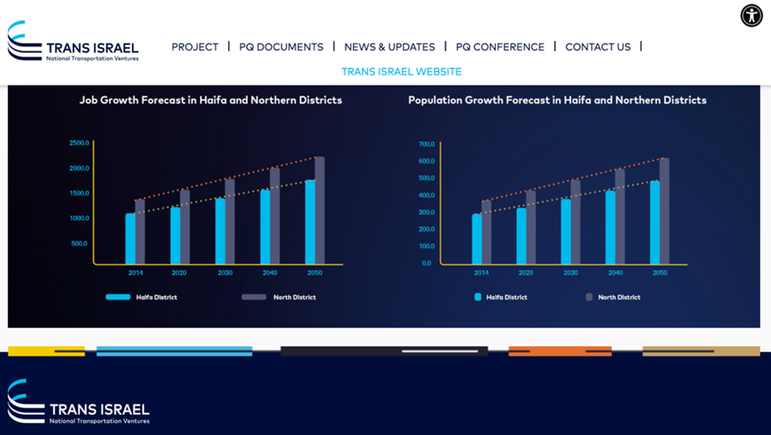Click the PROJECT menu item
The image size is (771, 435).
[x=195, y=47]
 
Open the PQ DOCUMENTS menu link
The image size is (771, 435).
[x=281, y=47]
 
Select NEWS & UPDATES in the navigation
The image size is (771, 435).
[x=389, y=47]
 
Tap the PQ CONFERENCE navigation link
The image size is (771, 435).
[x=500, y=47]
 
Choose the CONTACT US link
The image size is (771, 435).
[x=598, y=47]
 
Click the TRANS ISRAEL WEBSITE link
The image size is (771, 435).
[x=402, y=72]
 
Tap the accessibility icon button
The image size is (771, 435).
[x=752, y=15]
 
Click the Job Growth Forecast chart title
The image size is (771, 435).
[x=210, y=100]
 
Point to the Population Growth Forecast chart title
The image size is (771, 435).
[x=557, y=100]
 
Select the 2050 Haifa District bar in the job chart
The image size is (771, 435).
[x=310, y=222]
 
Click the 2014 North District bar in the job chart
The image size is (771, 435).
[x=140, y=231]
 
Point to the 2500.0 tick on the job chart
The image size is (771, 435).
[x=79, y=143]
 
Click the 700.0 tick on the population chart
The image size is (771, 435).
[x=426, y=144]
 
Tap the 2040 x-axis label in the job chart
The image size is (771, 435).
[x=270, y=273]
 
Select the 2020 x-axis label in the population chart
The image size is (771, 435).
[x=526, y=273]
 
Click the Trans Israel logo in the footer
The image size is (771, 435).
[x=78, y=402]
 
